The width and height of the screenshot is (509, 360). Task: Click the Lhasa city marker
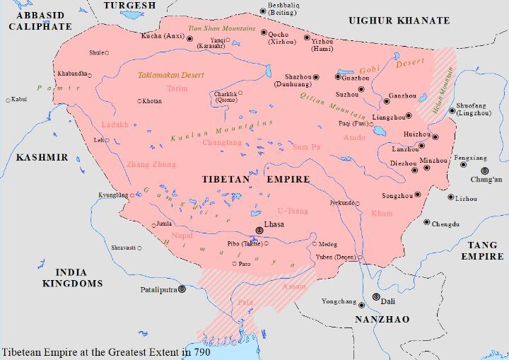pos(259,229)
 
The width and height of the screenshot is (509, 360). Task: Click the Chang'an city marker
pos(485,170)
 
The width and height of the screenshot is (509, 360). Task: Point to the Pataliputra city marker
pos(182,289)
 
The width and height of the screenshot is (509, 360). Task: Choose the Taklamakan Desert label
pos(170,74)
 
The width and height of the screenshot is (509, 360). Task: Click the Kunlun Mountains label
pos(221,130)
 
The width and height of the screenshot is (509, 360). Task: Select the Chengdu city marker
pos(426,222)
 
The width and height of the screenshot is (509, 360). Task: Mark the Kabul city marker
pos(6,99)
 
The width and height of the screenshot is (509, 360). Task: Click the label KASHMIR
pos(42,157)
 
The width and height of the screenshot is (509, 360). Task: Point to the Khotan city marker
pos(139,101)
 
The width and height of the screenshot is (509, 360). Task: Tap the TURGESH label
pos(129,6)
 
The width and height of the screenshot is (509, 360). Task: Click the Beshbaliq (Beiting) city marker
pos(264,11)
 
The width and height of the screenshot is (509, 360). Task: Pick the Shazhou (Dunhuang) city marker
pos(316,76)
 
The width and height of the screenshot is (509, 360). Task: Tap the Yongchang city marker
pos(361,305)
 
